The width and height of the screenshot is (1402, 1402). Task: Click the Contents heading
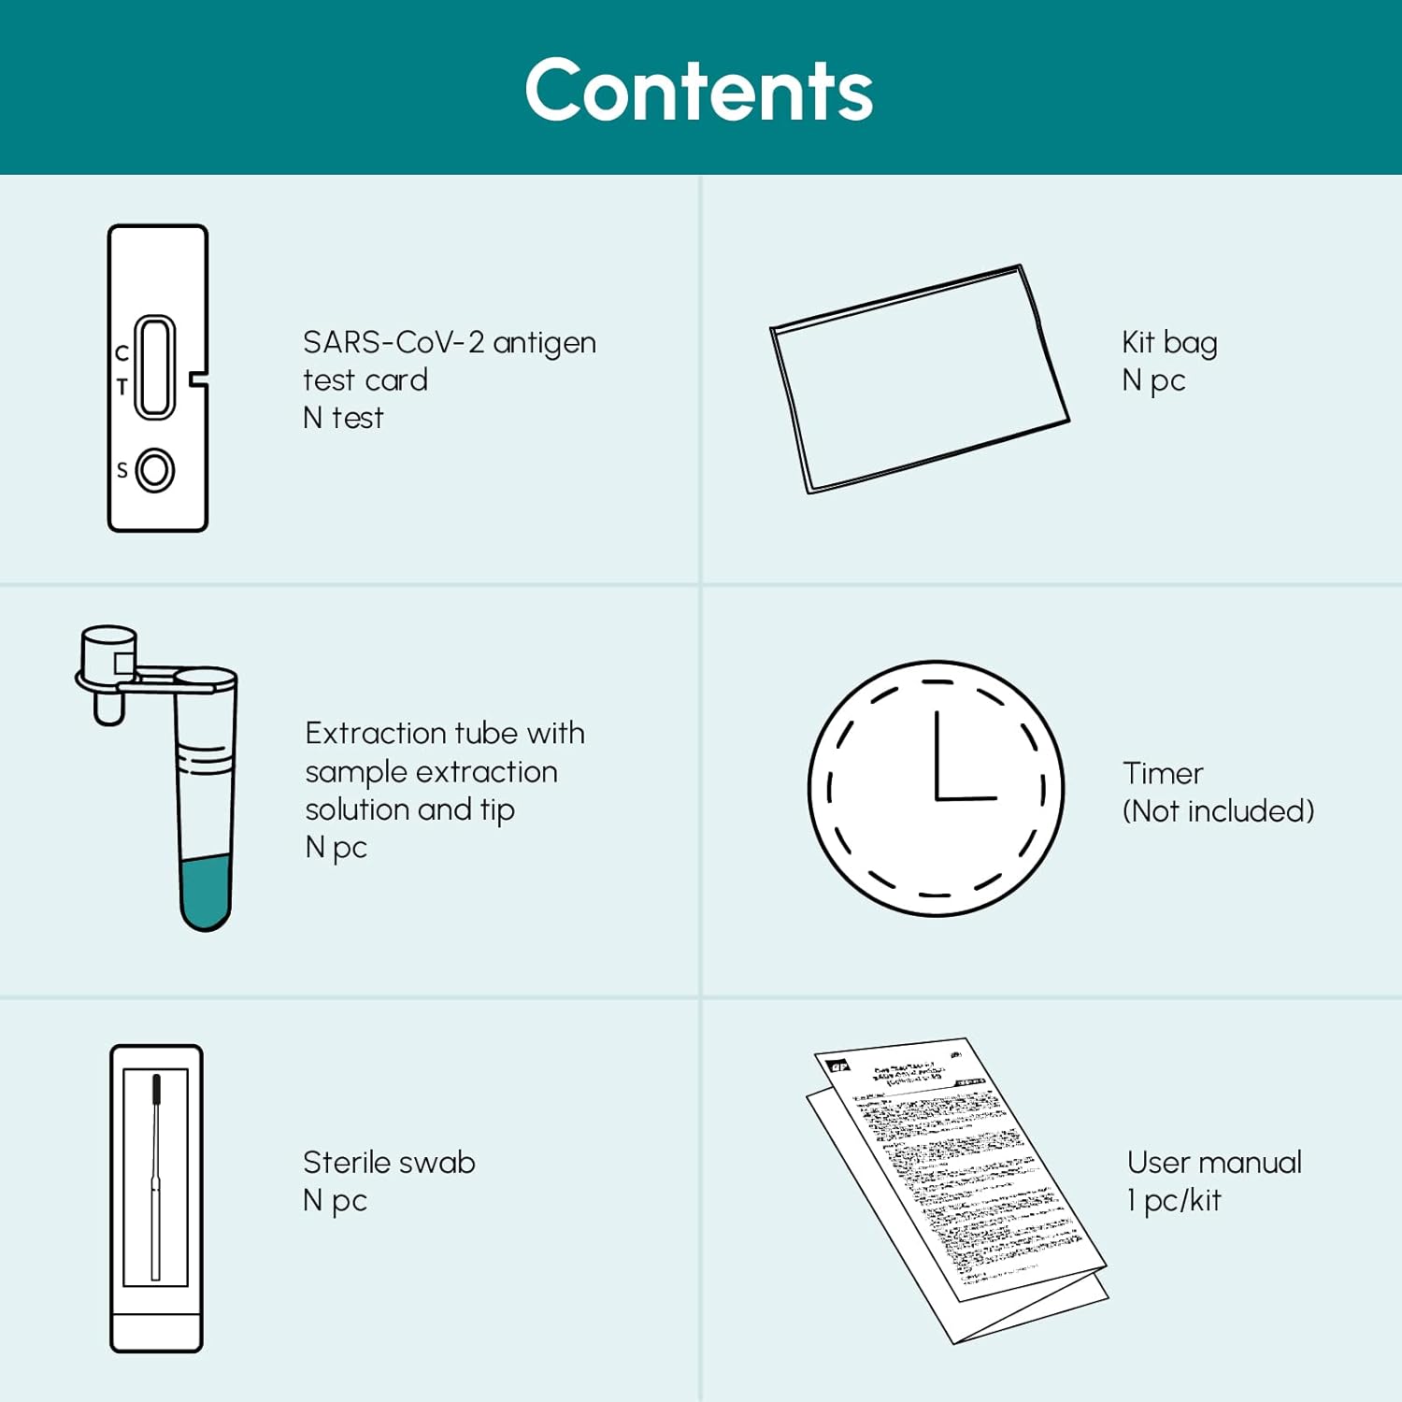point(699,91)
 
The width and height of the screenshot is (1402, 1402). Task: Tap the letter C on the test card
point(122,353)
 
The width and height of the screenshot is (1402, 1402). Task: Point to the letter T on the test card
point(122,386)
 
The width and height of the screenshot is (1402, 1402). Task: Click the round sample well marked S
point(155,470)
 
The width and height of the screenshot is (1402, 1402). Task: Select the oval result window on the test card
point(155,366)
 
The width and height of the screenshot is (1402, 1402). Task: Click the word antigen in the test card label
point(544,343)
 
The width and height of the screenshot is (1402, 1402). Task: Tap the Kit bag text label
point(1169,343)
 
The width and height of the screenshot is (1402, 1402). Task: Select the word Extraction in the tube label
point(377,734)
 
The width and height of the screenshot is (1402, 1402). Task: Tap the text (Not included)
point(1218,811)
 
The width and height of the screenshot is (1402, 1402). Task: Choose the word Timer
point(1163,773)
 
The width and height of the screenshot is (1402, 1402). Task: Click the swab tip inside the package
point(156,1089)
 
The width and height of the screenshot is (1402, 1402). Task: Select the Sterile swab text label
point(389,1163)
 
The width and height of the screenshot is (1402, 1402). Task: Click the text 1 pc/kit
point(1174,1201)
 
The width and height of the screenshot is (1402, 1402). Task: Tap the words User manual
point(1214,1163)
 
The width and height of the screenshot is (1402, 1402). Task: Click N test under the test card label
point(343,418)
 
